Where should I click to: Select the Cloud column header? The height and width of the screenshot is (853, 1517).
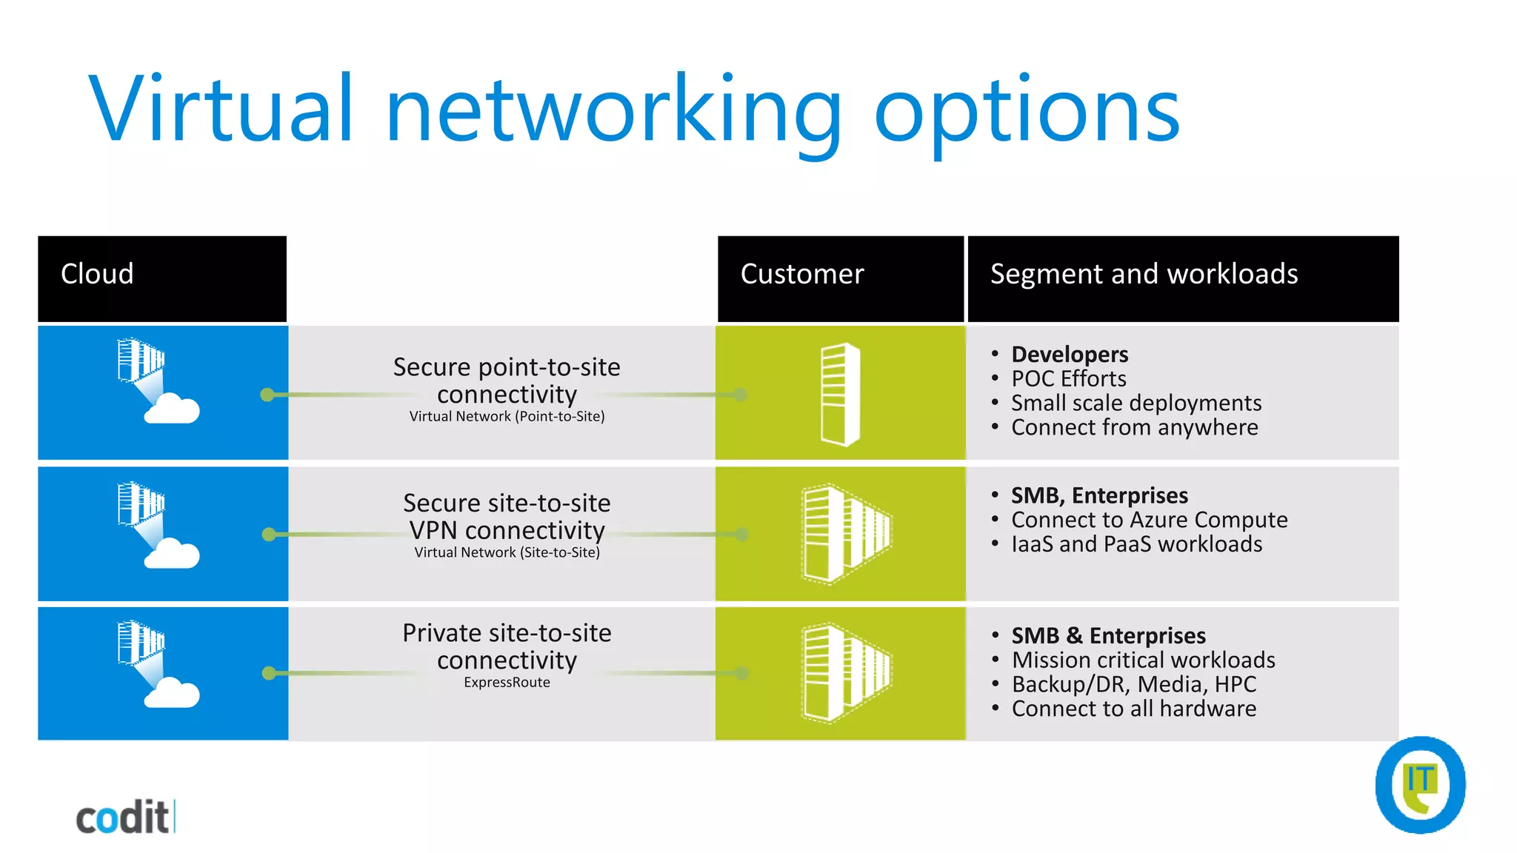pos(97,275)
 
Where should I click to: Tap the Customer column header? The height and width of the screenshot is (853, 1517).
pos(802,275)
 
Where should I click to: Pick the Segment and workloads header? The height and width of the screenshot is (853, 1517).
pos(1144,275)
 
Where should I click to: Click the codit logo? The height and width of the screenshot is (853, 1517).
pos(124,817)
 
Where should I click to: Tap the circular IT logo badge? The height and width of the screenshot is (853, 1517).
pos(1420,785)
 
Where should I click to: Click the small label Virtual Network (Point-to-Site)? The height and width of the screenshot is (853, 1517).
pos(507,417)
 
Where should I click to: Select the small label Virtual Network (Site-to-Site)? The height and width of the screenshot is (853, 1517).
pos(507,552)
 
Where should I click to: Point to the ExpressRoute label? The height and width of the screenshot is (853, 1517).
pos(507,683)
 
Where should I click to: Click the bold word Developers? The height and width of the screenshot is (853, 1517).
pos(1070,354)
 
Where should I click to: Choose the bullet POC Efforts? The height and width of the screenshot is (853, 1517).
pos(1068,379)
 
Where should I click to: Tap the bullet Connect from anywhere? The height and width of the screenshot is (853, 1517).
pos(1134,428)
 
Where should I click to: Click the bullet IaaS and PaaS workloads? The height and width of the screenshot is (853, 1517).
pos(1136,544)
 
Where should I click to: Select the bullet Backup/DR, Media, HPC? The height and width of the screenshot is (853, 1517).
pos(1133,684)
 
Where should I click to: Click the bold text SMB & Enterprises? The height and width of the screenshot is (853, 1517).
pos(1108,636)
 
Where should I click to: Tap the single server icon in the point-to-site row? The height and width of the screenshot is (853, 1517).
pos(841,394)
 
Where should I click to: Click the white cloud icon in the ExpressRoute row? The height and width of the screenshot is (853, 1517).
pos(172,694)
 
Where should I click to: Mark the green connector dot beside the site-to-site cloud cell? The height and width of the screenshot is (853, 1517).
pos(269,535)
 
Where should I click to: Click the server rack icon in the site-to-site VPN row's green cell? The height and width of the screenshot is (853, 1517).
pos(847,533)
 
